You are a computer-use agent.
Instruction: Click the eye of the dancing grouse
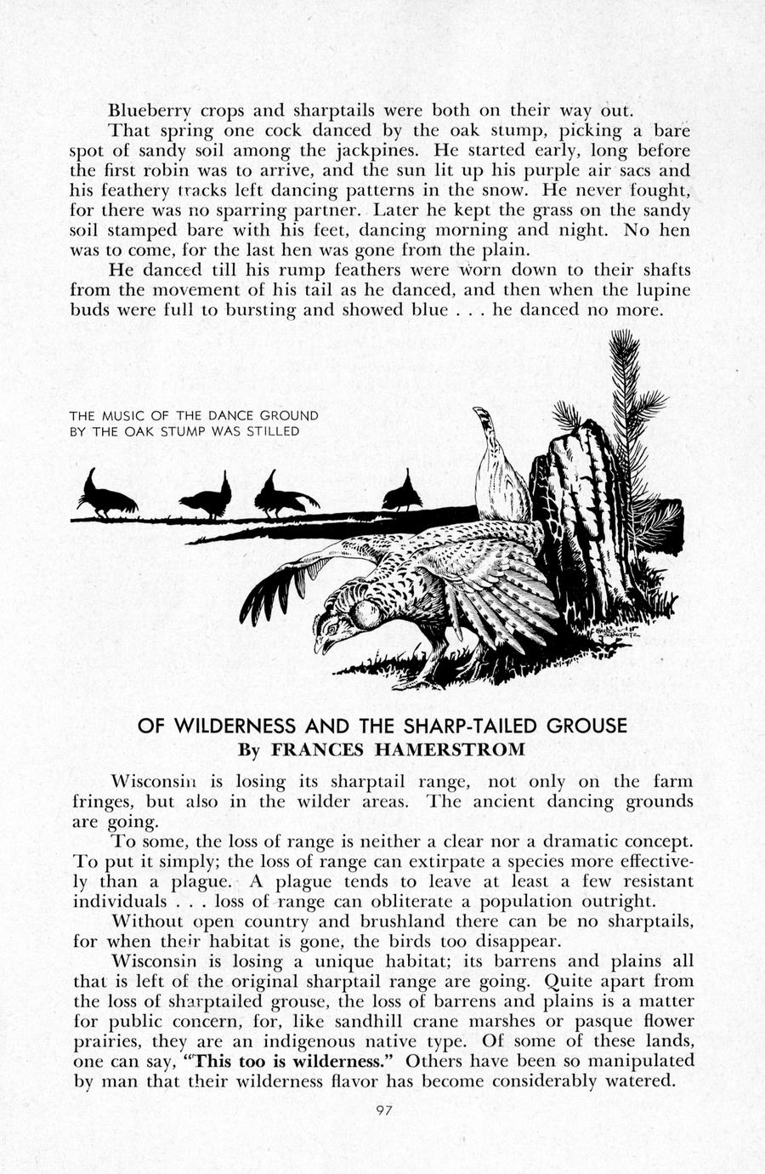(x=333, y=623)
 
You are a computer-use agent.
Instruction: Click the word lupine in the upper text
(x=662, y=290)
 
